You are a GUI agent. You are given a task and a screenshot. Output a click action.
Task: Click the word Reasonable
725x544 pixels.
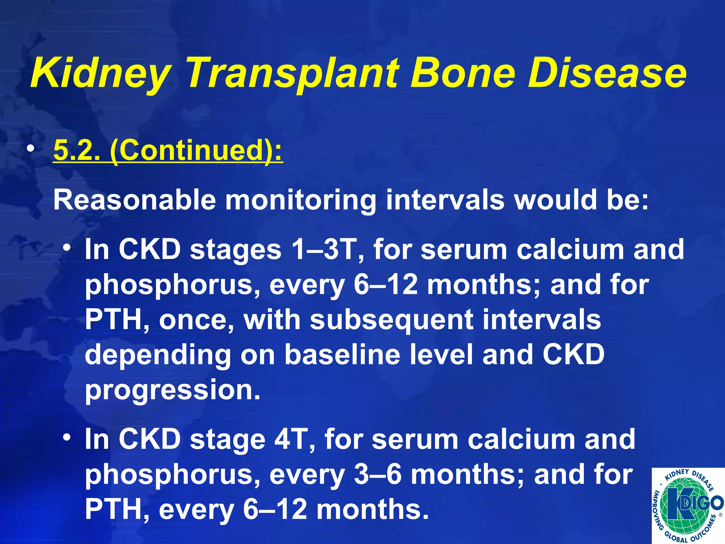[x=135, y=200]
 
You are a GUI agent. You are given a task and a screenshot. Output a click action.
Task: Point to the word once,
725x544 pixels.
[x=196, y=319]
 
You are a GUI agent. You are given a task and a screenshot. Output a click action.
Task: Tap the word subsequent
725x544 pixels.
[x=392, y=320]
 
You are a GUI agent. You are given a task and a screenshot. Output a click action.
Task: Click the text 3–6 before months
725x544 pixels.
[x=377, y=475]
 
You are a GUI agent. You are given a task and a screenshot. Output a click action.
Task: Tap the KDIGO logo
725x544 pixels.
[x=688, y=506]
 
